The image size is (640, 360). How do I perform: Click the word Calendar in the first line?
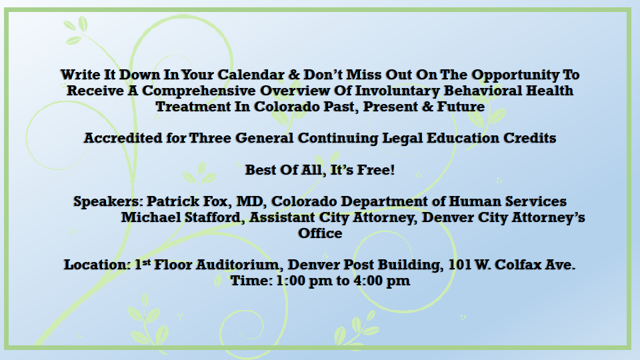pos(251,75)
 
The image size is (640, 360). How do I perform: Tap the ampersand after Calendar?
pos(294,75)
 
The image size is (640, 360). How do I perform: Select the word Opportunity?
pos(515,76)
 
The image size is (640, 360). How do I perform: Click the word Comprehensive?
pos(199,91)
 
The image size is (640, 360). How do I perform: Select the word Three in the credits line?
pos(210,138)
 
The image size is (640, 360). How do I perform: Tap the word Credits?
pos(529,138)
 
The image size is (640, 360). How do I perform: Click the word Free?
pos(376,170)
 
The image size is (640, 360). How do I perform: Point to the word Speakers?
pos(108,202)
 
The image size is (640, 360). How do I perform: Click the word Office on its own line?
pos(320,233)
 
